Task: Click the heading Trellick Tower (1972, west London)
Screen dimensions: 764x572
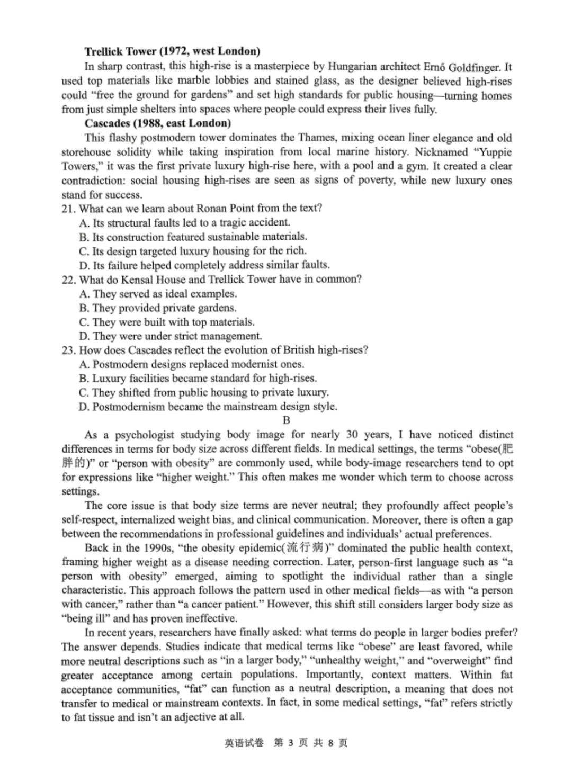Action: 172,51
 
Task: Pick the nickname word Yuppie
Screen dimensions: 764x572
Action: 496,152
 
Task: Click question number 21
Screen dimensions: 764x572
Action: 68,209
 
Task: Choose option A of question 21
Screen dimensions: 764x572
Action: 184,222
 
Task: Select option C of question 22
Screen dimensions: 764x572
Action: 166,322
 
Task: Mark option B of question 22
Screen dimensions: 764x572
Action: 157,308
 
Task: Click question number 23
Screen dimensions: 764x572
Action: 68,350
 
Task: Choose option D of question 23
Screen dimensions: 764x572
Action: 208,407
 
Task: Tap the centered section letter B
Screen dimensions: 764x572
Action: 287,420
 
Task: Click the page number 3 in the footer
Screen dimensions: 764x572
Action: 291,743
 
